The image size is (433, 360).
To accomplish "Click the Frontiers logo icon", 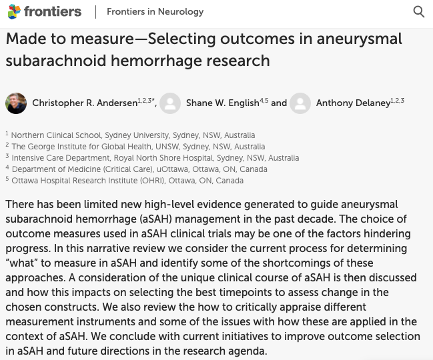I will point(14,11).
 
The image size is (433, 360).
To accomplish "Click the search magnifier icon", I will point(419,11).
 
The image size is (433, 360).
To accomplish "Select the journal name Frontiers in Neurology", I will point(155,12).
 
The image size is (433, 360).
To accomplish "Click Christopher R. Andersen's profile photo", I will point(16,103).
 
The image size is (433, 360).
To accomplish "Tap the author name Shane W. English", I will point(222,103).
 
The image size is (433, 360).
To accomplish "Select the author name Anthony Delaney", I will point(353,103).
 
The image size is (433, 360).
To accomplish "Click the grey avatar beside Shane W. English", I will point(170,103).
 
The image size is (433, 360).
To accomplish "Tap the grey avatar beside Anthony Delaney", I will point(300,103).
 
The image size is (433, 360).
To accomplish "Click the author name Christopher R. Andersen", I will point(84,103).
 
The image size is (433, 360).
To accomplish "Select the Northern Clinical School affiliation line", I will point(133,135).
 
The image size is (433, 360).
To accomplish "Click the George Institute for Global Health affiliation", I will point(138,147).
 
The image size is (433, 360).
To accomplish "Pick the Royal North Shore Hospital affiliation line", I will point(155,158).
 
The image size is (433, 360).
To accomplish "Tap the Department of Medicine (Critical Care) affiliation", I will point(139,169).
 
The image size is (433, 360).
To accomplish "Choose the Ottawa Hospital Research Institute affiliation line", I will point(127,181).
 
